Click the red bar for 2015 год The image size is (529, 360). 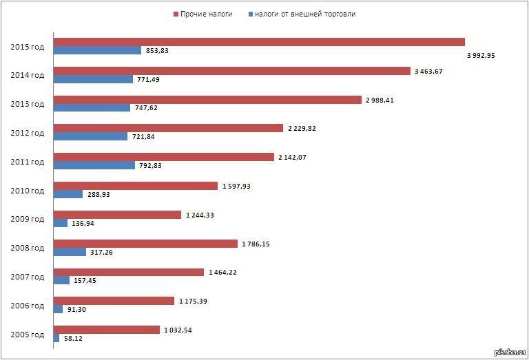point(259,42)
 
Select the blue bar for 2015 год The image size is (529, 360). point(97,50)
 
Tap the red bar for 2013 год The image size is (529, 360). point(207,100)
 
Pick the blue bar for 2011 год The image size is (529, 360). point(94,165)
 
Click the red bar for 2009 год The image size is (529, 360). point(117,215)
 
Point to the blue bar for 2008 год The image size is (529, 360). point(70,252)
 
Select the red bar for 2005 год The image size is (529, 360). point(107,330)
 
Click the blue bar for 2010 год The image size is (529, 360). point(68,194)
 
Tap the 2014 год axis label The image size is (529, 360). point(28,75)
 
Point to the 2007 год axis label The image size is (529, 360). point(28,277)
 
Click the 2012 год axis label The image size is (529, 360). point(28,133)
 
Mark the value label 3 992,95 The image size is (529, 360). point(481,56)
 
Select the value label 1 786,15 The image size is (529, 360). point(258,244)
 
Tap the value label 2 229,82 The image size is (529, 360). point(302,128)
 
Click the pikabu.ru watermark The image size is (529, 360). point(510,353)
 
